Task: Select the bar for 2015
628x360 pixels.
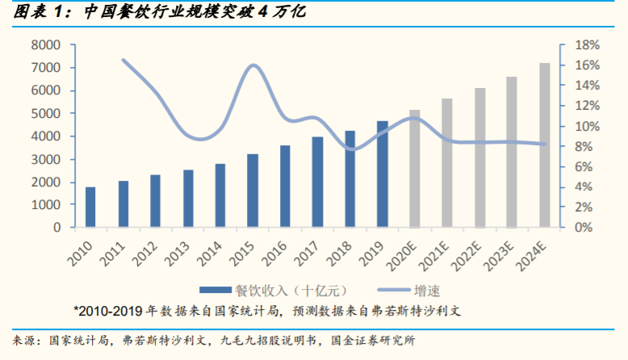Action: tap(253, 190)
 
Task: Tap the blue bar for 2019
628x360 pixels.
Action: tap(383, 174)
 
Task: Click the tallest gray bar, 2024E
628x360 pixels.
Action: tap(545, 145)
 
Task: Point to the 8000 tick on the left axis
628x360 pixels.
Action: tap(46, 44)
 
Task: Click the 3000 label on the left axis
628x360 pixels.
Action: tap(46, 159)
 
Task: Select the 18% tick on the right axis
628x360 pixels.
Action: tap(585, 44)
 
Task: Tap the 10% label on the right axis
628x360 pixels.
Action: tap(585, 126)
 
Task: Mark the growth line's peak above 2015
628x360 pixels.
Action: tap(253, 65)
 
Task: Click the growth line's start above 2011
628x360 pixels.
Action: tap(123, 60)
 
